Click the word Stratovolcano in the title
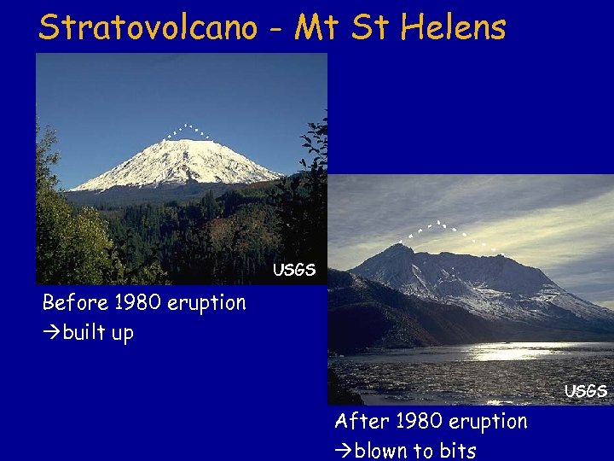[148, 27]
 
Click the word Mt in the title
[316, 27]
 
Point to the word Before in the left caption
[74, 303]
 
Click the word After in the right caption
[359, 422]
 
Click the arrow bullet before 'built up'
[51, 333]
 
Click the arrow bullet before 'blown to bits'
[344, 451]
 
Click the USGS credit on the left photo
[294, 271]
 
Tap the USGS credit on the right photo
[586, 391]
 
